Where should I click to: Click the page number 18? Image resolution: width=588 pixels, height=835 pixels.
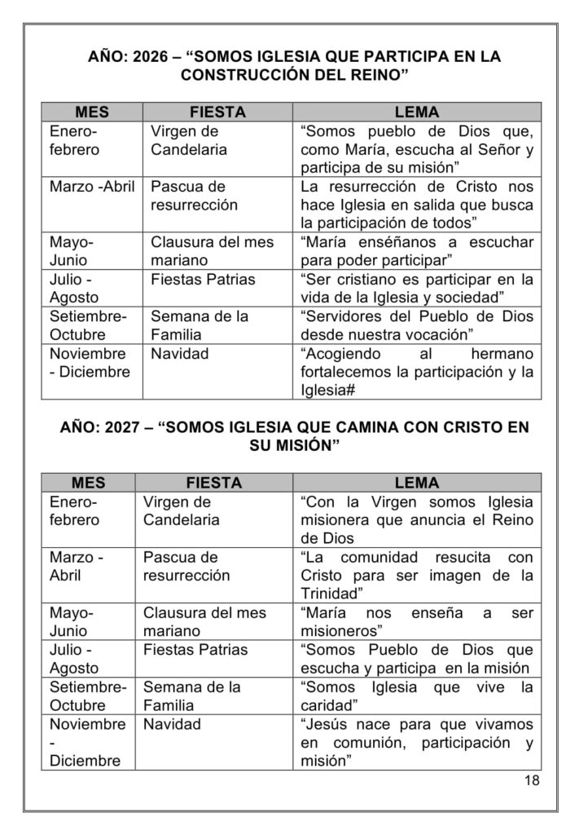coord(533,780)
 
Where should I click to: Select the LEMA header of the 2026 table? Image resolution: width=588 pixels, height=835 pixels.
coord(416,112)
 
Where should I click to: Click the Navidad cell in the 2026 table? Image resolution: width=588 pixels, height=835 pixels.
coord(180,355)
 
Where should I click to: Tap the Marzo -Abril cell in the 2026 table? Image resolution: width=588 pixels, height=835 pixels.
coord(92,186)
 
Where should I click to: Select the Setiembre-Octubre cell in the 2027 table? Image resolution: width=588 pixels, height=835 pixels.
coord(89,696)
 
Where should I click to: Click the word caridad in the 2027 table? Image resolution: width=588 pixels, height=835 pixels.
coord(328,705)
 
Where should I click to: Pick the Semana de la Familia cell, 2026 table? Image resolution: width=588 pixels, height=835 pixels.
coord(200,325)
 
